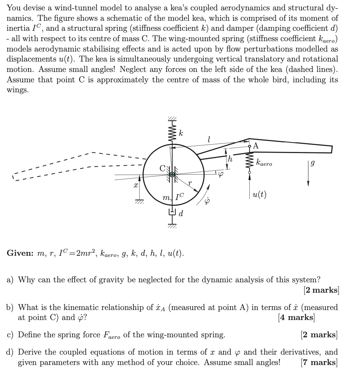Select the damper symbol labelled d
point(172,211)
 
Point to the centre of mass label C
point(163,168)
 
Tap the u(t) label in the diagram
point(260,195)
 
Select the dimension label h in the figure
point(230,159)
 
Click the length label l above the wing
point(208,140)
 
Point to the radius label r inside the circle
point(190,184)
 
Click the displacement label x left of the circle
point(135,185)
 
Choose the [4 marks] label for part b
point(296,317)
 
